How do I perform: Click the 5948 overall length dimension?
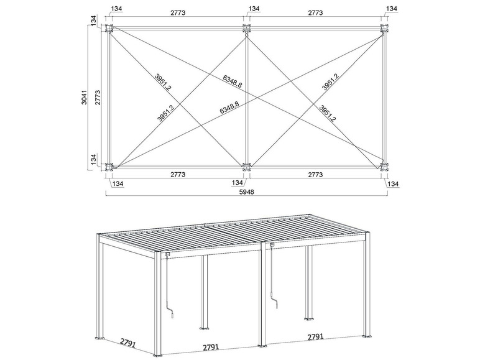(246, 192)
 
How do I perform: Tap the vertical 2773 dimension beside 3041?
(97, 97)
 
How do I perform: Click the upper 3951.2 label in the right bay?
(331, 81)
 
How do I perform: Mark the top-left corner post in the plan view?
(109, 29)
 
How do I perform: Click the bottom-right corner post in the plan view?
(384, 166)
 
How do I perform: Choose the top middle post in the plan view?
(247, 29)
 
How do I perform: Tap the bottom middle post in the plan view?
(247, 166)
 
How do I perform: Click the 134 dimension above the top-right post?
(391, 9)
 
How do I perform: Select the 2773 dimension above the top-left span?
(177, 12)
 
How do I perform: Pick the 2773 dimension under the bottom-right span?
(315, 175)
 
